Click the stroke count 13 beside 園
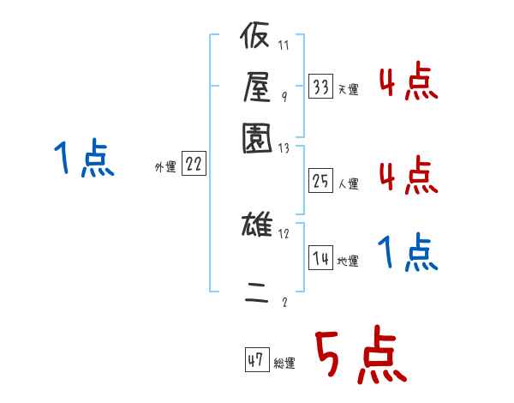pos(284,148)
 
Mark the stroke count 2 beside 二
pos(284,302)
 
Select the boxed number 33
pos(320,87)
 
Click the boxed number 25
pos(320,182)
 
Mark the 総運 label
pos(284,364)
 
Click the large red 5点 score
pos(359,357)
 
